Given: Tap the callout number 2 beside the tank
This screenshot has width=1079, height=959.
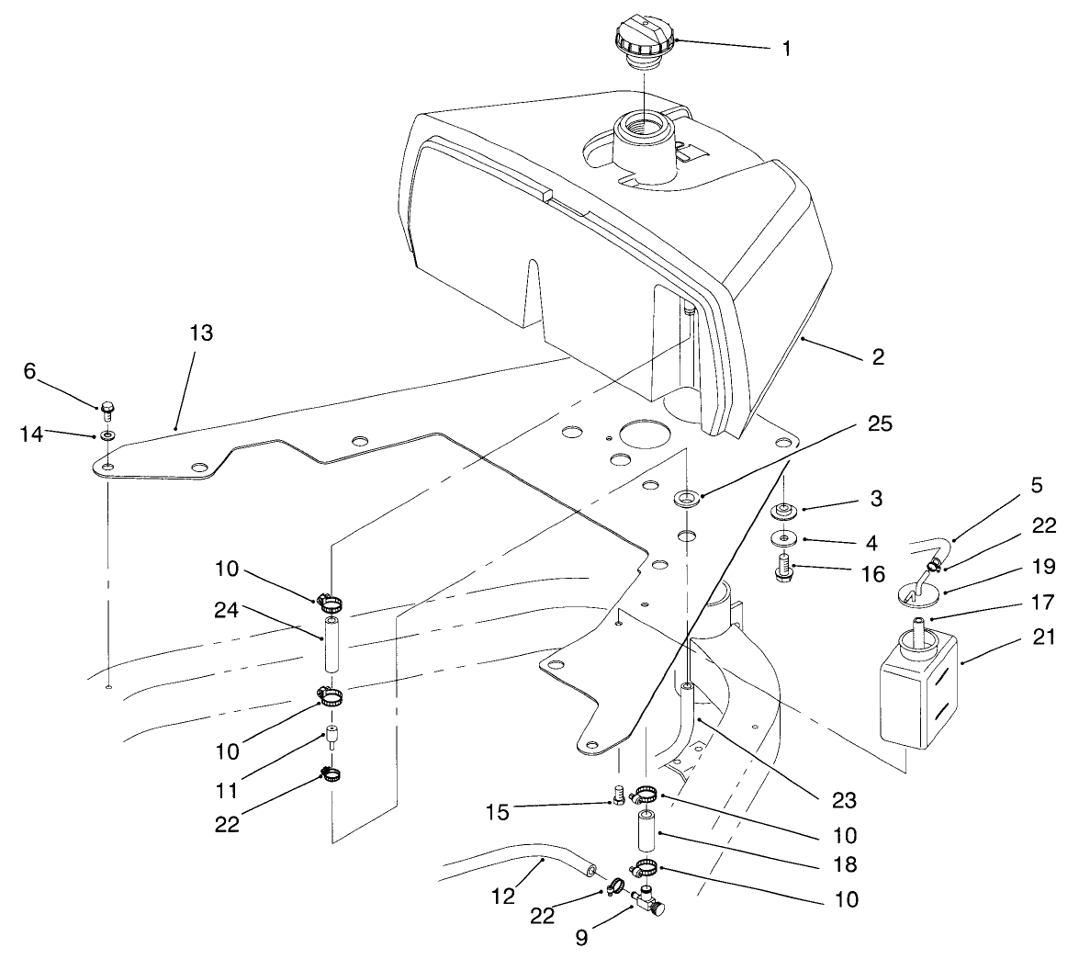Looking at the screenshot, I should point(878,357).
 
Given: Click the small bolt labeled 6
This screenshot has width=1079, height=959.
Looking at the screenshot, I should point(106,407).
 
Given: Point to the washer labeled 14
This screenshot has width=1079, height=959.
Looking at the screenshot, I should point(108,434).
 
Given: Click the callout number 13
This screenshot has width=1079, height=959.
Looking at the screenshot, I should point(201,333).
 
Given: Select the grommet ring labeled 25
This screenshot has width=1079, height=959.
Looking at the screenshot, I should point(685,499).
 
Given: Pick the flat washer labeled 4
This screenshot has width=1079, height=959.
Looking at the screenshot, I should point(783,538).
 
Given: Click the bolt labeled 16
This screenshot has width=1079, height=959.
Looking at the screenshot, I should point(783,570).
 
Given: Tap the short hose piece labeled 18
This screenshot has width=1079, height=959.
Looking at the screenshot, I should point(645,832).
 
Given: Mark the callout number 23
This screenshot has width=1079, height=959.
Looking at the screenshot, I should point(844,800).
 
